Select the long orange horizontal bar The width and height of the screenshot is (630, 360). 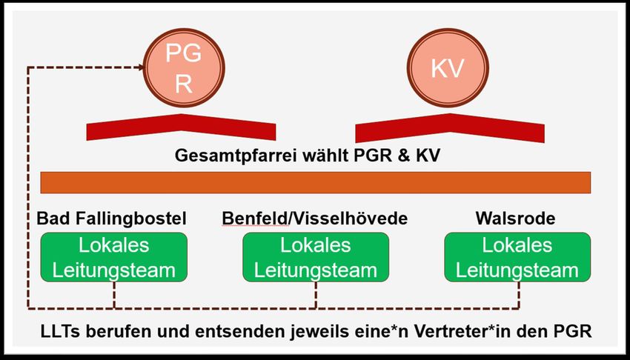[315, 182]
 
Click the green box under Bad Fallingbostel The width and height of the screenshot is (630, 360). [114, 256]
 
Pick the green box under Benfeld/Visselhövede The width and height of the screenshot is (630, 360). [316, 256]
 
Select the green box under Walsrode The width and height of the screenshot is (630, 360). [517, 256]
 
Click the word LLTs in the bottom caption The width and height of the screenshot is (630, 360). [57, 330]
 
